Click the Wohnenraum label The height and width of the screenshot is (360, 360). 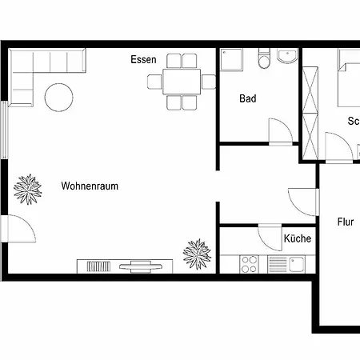coord(89,186)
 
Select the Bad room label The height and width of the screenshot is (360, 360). coord(248,99)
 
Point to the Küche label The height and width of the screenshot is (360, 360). coord(297,238)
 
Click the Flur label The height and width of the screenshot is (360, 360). coord(346,222)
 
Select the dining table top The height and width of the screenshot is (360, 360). coord(182,81)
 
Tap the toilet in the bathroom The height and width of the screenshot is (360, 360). coord(262,61)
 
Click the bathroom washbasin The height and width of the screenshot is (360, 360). coord(286,57)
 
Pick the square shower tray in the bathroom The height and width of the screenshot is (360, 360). coord(234,61)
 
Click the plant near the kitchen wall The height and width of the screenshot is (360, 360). coord(197,254)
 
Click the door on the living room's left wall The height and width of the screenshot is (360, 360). coord(19,232)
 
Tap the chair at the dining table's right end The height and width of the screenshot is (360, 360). coord(208,81)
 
